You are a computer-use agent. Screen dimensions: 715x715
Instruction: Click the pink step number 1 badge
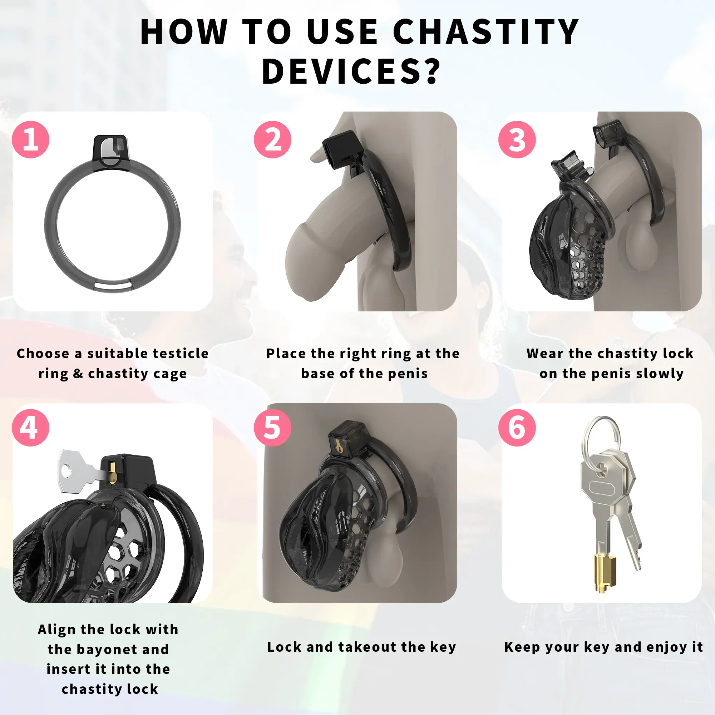coord(31,139)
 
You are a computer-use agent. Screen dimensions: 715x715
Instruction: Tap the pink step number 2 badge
coord(272,139)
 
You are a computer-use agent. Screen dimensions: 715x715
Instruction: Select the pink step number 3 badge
coord(517,139)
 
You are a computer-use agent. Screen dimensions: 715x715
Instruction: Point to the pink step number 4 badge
coord(31,428)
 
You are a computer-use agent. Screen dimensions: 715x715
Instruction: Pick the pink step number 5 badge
coord(272,428)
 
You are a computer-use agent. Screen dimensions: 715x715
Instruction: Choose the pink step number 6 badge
coord(517,428)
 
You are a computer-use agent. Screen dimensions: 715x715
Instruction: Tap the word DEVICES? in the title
coord(351,71)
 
